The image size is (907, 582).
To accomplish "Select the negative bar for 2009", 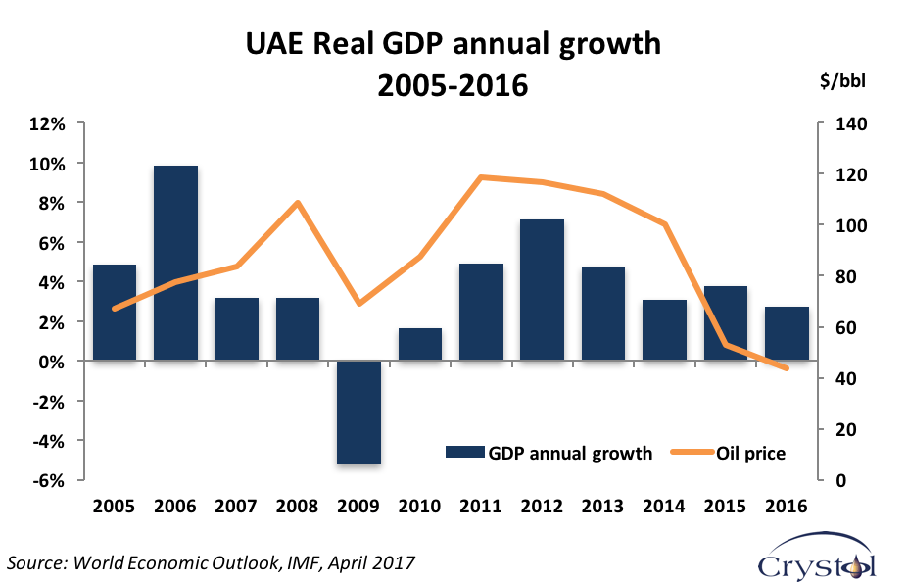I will click(x=358, y=412).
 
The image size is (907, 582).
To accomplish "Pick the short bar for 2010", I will click(x=420, y=345).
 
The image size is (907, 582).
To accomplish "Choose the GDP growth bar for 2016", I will click(x=787, y=334).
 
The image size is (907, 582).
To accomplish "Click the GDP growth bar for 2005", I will click(x=115, y=313).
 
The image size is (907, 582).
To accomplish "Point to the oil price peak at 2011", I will click(x=481, y=177).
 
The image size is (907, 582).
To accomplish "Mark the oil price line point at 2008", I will click(x=298, y=203).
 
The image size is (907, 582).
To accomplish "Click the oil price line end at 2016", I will click(x=787, y=368).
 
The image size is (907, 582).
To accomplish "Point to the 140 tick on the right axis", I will click(x=846, y=124).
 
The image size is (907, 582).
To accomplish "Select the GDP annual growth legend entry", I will click(x=549, y=453).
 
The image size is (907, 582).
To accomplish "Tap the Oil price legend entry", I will click(x=729, y=453).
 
